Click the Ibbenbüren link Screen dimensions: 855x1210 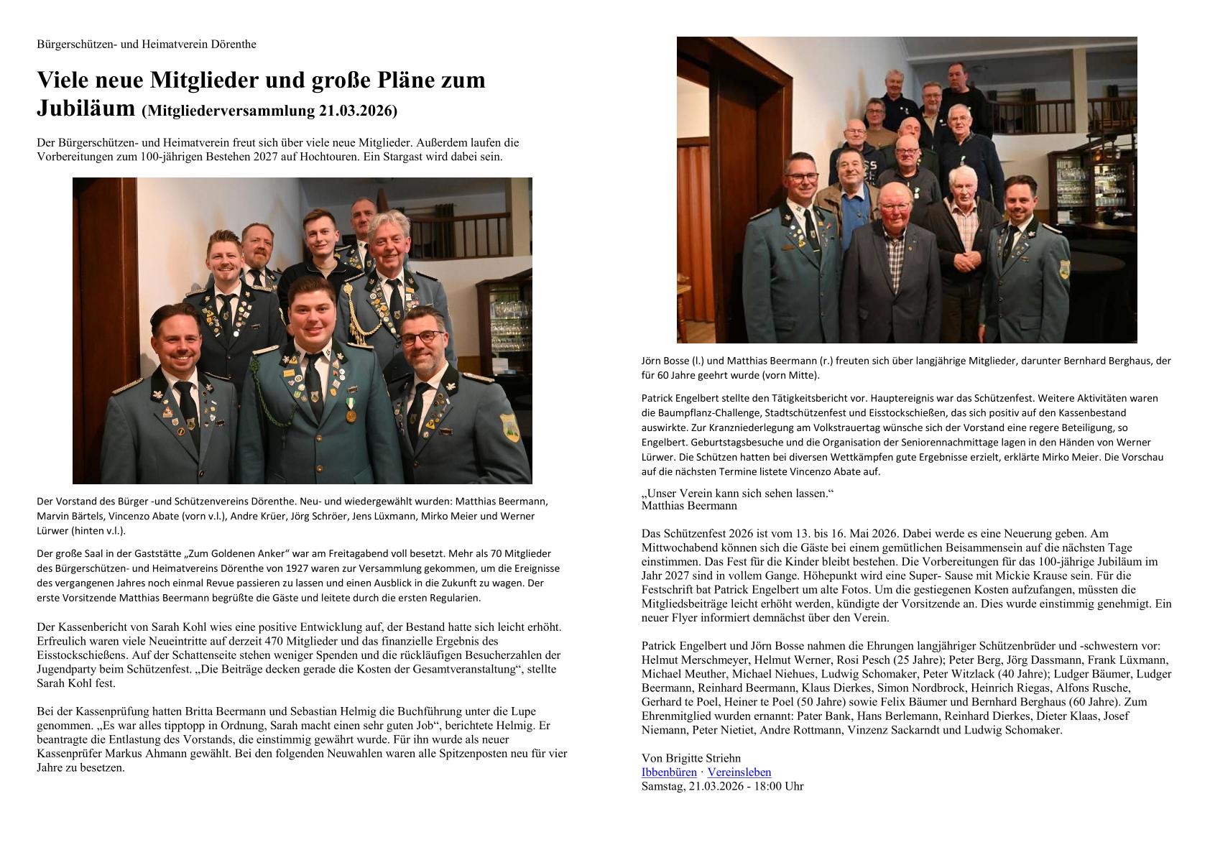click(668, 772)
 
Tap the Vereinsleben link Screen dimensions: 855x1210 click(739, 772)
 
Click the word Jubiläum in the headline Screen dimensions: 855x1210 click(86, 108)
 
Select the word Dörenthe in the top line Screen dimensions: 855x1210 click(234, 44)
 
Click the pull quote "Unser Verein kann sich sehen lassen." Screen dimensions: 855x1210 click(737, 494)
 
